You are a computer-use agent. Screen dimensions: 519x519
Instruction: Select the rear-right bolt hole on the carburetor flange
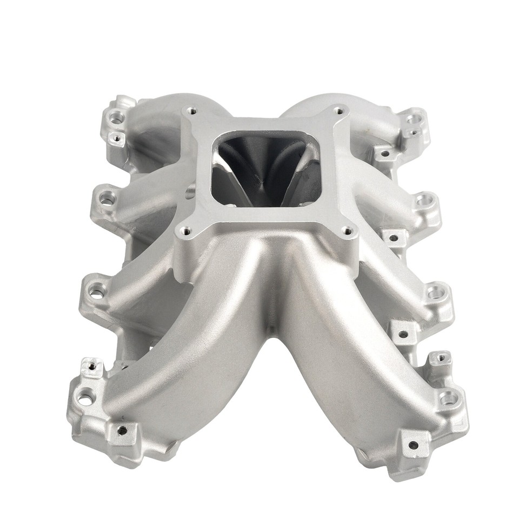click(338, 111)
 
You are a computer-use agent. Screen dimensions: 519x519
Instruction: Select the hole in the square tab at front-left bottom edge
click(123, 430)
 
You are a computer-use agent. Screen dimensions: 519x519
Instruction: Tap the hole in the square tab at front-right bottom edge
click(413, 445)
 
